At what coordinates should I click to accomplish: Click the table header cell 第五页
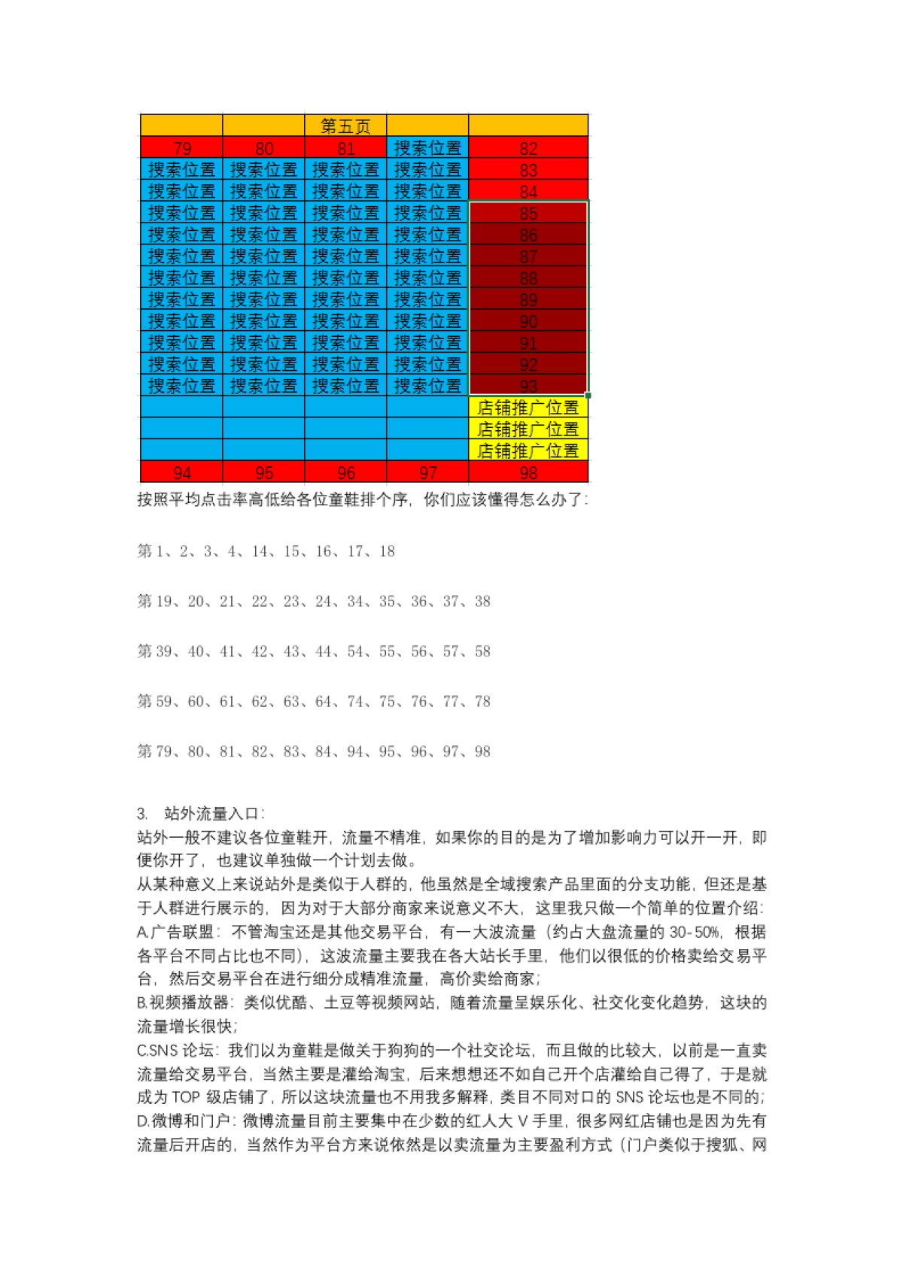click(x=345, y=126)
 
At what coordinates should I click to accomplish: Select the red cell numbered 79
click(x=182, y=148)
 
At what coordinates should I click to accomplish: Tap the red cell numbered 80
click(x=264, y=148)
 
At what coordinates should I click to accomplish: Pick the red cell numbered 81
click(x=346, y=148)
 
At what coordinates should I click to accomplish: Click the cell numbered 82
click(x=528, y=148)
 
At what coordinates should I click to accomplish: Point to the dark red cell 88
click(x=528, y=278)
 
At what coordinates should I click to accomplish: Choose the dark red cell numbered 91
click(x=528, y=343)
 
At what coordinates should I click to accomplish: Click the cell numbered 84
click(x=528, y=192)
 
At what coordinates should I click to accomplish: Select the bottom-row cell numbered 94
click(x=182, y=473)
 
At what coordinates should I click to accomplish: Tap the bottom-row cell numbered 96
click(x=346, y=473)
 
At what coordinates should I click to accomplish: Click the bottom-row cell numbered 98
click(x=528, y=473)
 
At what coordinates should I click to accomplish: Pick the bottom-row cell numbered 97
click(x=428, y=473)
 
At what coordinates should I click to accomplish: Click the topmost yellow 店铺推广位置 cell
click(x=528, y=408)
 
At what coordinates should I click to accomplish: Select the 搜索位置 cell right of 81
click(x=428, y=148)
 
